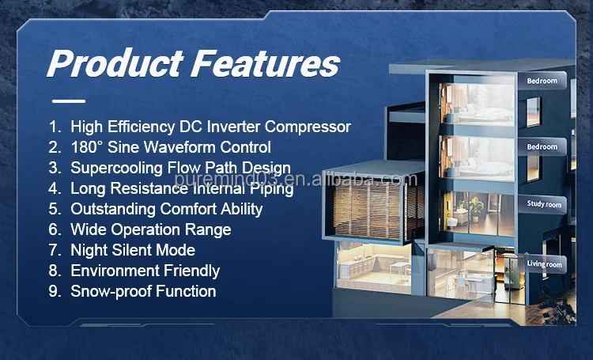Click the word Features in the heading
(264, 63)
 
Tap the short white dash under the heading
(68, 100)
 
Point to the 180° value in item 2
(89, 147)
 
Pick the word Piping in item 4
(271, 188)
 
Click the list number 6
(54, 229)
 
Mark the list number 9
(54, 291)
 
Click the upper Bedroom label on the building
(542, 81)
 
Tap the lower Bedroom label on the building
(542, 146)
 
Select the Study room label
(544, 204)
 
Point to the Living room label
(545, 263)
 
